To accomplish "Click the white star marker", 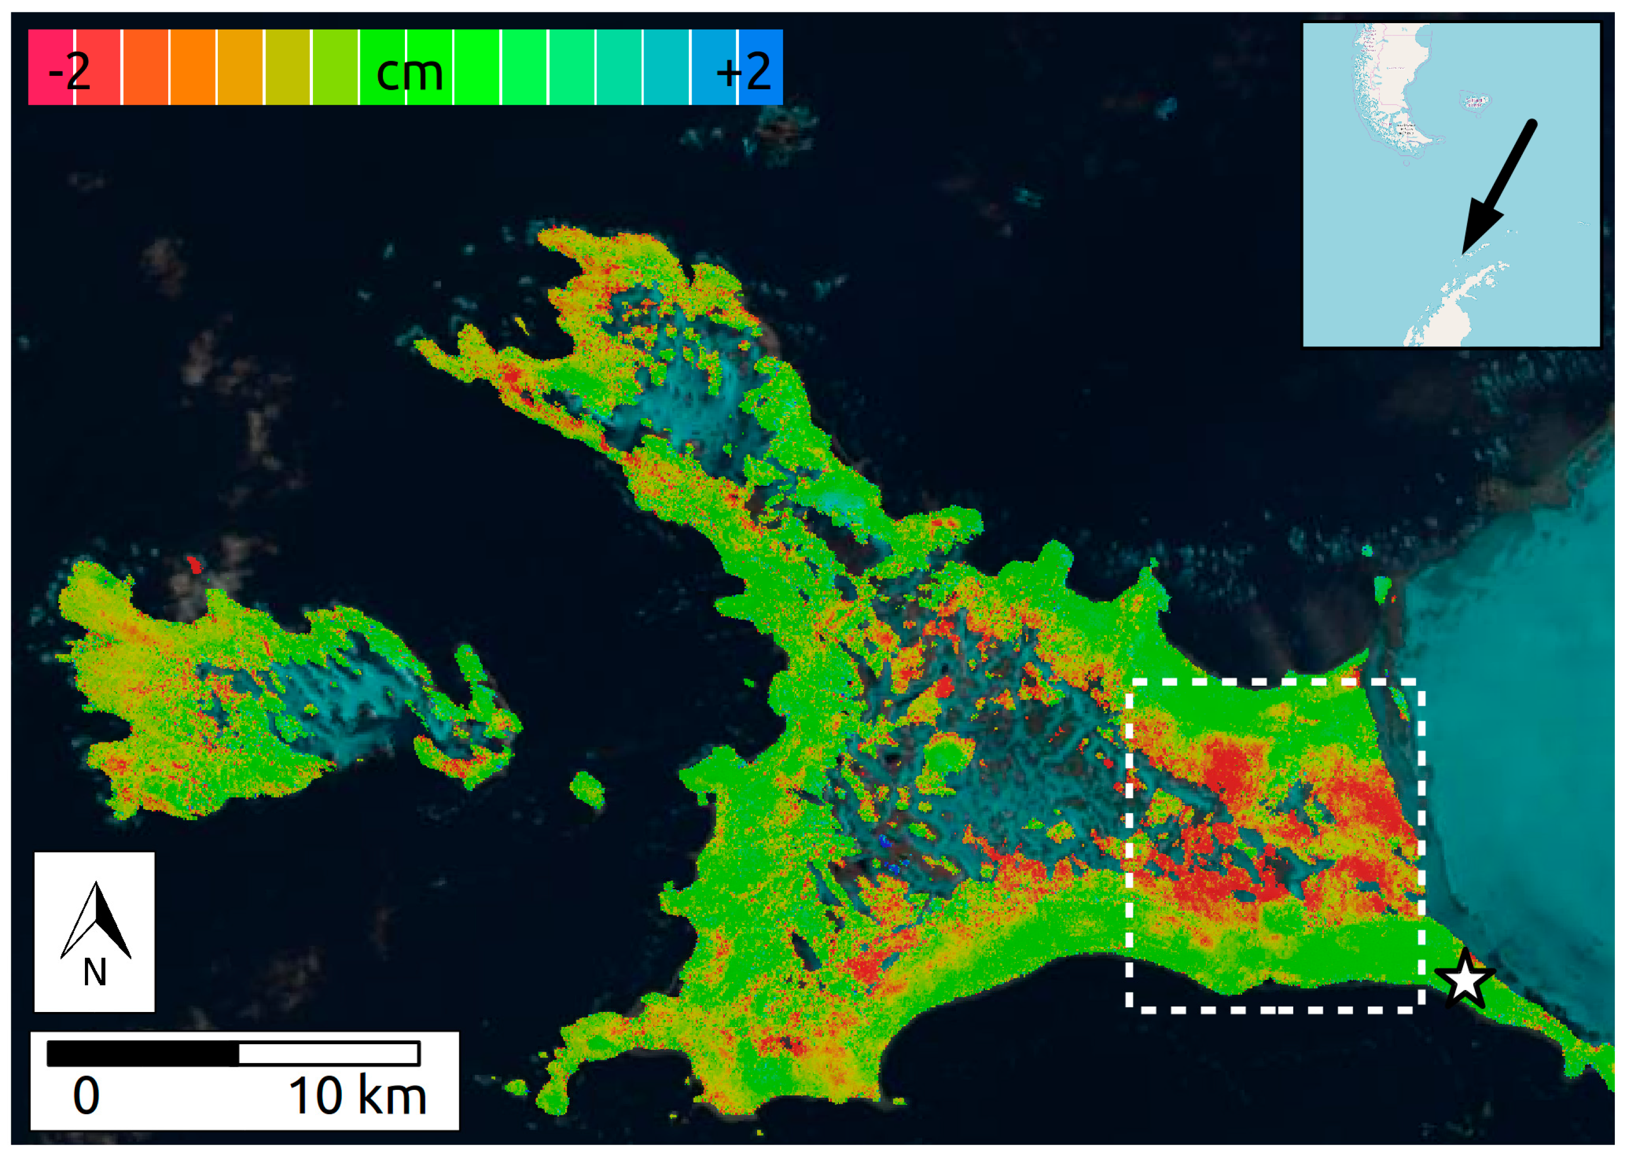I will coord(1465,980).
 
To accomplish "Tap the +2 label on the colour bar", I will coord(743,71).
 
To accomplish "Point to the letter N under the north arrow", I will coord(95,973).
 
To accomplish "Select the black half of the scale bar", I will coord(142,1053).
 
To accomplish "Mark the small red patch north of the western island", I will coord(194,565).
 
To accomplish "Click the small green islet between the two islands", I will coord(588,790).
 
